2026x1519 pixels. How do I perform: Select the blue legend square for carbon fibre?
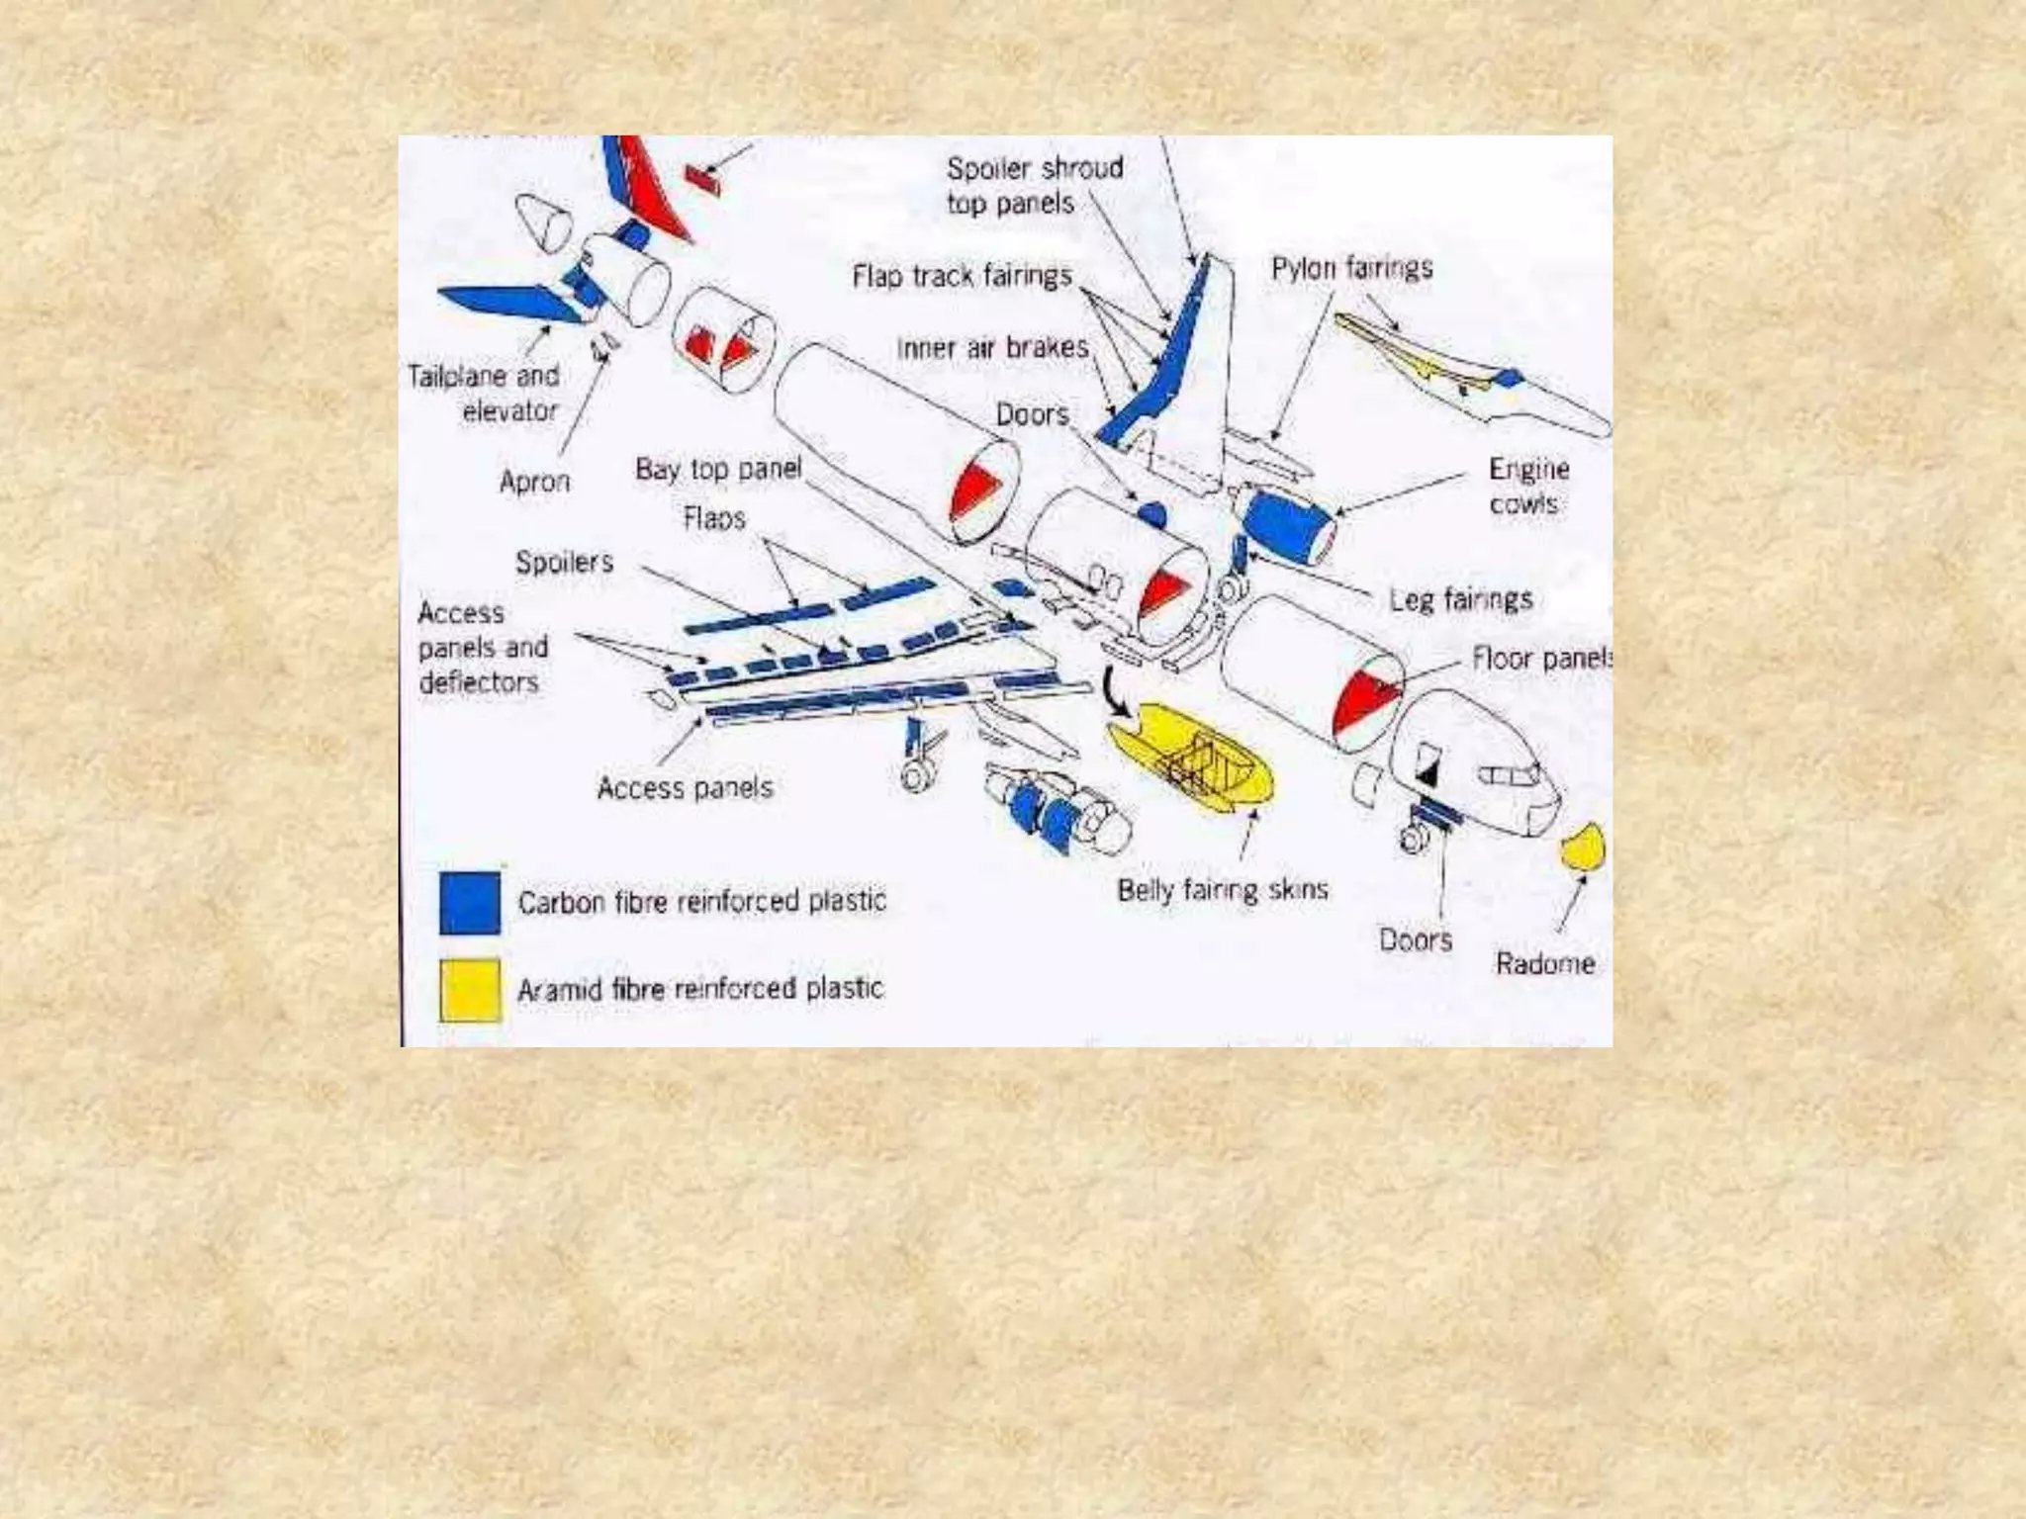pos(470,902)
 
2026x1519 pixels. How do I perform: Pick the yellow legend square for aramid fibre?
pos(470,989)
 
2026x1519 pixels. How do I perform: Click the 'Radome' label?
pos(1544,963)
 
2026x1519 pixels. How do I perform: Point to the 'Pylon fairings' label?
pos(1351,268)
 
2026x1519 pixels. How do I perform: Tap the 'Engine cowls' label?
pos(1527,486)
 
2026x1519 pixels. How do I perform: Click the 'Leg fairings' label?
pos(1460,599)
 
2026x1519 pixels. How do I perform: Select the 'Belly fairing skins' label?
pos(1222,890)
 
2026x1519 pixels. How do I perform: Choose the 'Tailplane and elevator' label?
pos(485,393)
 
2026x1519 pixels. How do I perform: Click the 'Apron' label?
pos(534,482)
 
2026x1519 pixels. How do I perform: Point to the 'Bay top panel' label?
pos(718,469)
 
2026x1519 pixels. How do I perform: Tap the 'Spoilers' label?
pos(564,563)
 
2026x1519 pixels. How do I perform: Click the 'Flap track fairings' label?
pos(962,276)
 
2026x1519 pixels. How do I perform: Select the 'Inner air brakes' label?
pos(992,348)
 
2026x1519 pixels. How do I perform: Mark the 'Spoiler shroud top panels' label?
pos(1034,185)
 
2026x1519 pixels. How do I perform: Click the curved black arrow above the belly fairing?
pos(1116,690)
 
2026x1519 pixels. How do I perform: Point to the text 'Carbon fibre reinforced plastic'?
pos(701,902)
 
